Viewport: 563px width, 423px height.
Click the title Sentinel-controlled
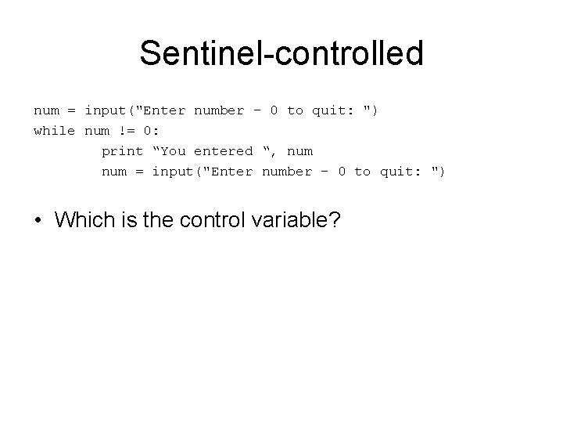click(281, 54)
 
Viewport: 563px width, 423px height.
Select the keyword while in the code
click(54, 130)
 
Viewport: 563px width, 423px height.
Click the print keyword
click(122, 150)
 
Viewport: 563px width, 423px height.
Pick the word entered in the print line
click(223, 150)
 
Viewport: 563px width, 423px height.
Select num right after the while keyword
click(96, 130)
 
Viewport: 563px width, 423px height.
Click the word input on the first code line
click(105, 110)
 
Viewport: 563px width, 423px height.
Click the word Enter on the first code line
click(164, 110)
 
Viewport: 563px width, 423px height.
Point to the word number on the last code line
click(286, 171)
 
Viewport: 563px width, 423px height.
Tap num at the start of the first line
click(45, 110)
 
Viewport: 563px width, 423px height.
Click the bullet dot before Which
click(38, 221)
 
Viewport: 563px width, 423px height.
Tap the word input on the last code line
click(172, 171)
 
